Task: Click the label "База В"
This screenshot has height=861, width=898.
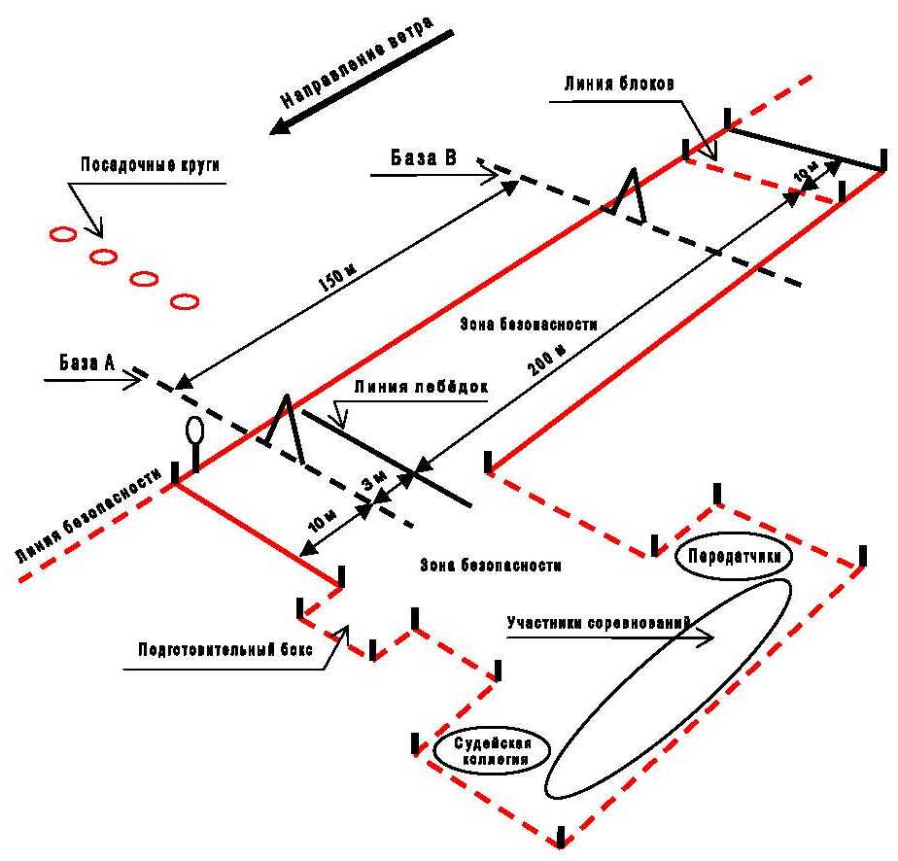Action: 424,156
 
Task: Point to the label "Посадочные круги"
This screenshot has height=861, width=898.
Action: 151,164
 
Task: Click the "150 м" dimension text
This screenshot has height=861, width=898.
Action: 334,279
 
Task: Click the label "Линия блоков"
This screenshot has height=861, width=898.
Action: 616,83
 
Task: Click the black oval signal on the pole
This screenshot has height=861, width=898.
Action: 194,430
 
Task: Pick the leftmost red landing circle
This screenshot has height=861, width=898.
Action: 61,234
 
